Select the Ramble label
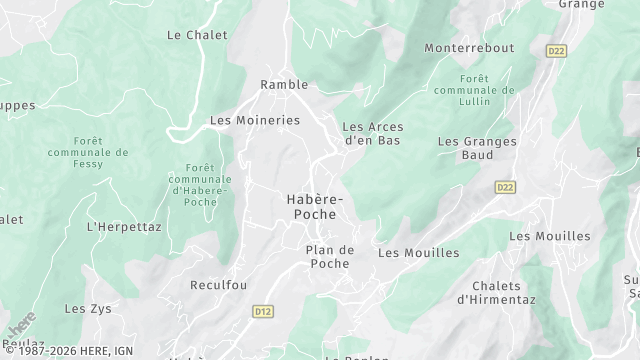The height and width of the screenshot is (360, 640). pos(284,85)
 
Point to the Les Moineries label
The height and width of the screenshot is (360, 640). pos(254,120)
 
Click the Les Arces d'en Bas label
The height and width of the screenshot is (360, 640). pos(371,134)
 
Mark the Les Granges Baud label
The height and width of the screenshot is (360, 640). pos(477,149)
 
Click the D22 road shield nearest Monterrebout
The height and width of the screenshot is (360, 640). pos(557,49)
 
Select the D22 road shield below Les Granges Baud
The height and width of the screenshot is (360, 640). pos(506,187)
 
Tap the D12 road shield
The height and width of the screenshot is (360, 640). pos(262,313)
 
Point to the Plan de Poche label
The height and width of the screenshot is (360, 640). pos(329,257)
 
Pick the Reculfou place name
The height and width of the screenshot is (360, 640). pos(218,285)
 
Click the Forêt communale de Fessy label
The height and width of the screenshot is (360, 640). pos(87,153)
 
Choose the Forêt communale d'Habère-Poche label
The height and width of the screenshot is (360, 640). pos(200,184)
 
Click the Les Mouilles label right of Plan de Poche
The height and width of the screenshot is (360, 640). pos(418,253)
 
